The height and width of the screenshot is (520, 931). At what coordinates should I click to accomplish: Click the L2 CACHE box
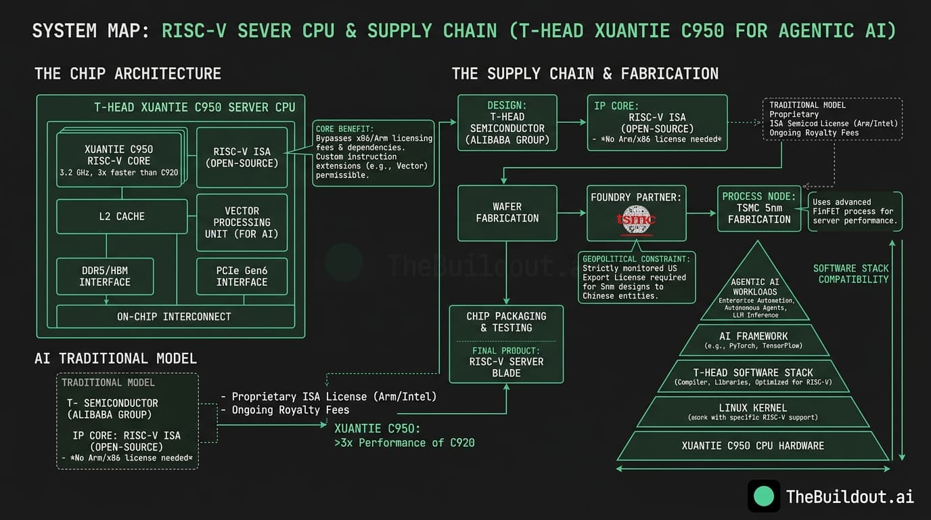pyautogui.click(x=122, y=217)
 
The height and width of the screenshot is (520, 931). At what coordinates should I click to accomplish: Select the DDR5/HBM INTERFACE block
pyautogui.click(x=105, y=276)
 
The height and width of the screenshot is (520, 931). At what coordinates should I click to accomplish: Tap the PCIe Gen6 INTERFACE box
pyautogui.click(x=242, y=276)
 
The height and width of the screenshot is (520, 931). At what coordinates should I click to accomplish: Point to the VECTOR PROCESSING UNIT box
pyautogui.click(x=242, y=222)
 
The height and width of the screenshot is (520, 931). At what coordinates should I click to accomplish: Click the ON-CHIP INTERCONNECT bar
pyautogui.click(x=174, y=316)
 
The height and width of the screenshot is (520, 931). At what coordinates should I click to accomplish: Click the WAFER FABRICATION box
pyautogui.click(x=507, y=213)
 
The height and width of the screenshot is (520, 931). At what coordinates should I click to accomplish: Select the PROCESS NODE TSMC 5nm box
pyautogui.click(x=759, y=208)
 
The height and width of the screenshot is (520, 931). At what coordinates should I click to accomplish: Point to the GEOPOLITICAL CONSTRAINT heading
pyautogui.click(x=637, y=259)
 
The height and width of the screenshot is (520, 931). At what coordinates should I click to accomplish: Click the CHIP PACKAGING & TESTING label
pyautogui.click(x=506, y=322)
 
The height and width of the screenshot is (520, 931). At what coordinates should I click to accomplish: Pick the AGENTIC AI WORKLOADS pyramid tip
pyautogui.click(x=755, y=291)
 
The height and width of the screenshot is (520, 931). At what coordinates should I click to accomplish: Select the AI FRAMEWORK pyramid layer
pyautogui.click(x=754, y=340)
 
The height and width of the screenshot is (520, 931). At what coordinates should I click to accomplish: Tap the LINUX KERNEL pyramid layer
pyautogui.click(x=753, y=412)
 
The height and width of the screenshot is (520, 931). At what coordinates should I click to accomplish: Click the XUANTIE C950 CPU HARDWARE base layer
pyautogui.click(x=753, y=446)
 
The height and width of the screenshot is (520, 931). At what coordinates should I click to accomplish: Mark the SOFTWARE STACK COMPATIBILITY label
pyautogui.click(x=852, y=274)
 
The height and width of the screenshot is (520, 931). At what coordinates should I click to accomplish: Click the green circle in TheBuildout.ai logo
pyautogui.click(x=764, y=496)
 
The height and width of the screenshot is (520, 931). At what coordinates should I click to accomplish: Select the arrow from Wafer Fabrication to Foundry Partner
pyautogui.click(x=572, y=213)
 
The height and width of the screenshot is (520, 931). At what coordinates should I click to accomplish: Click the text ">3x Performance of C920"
pyautogui.click(x=405, y=443)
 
